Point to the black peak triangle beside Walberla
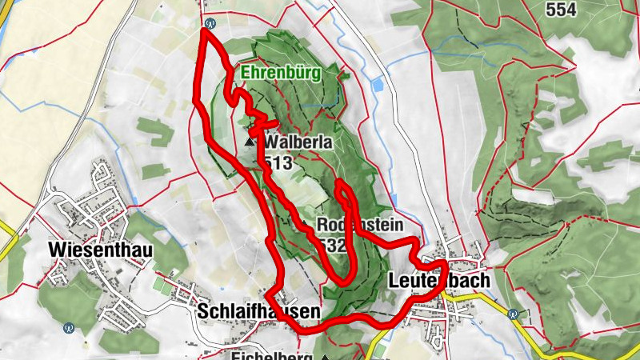[249, 142]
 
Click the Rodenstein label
[359, 224]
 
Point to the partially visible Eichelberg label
[271, 355]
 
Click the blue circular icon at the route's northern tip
[210, 24]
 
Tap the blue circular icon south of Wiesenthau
[70, 326]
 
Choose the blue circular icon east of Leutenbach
[514, 314]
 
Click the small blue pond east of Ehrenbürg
[378, 83]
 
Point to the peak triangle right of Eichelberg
[326, 356]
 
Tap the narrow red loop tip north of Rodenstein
[340, 185]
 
